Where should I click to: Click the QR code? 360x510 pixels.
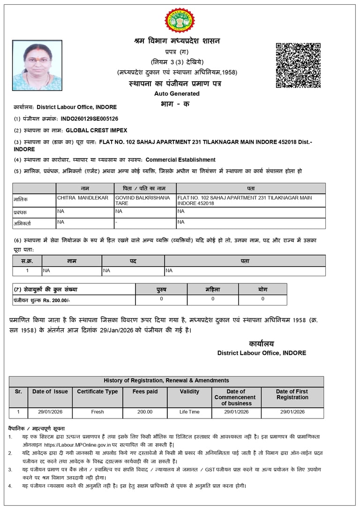298,65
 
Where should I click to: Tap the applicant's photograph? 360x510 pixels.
37,65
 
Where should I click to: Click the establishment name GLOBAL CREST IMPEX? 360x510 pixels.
96,130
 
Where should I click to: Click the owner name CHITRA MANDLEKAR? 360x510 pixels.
83,198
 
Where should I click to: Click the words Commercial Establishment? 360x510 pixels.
180,160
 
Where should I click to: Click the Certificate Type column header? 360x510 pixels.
97,391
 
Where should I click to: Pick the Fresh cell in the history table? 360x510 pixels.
97,412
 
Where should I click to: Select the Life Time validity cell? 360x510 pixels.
189,412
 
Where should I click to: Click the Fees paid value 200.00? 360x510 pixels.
145,412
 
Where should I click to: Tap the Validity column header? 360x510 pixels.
189,391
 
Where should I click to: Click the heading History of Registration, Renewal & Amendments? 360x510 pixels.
166,381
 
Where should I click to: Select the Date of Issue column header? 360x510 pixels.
50,391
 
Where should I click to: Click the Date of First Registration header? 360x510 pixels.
292,394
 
